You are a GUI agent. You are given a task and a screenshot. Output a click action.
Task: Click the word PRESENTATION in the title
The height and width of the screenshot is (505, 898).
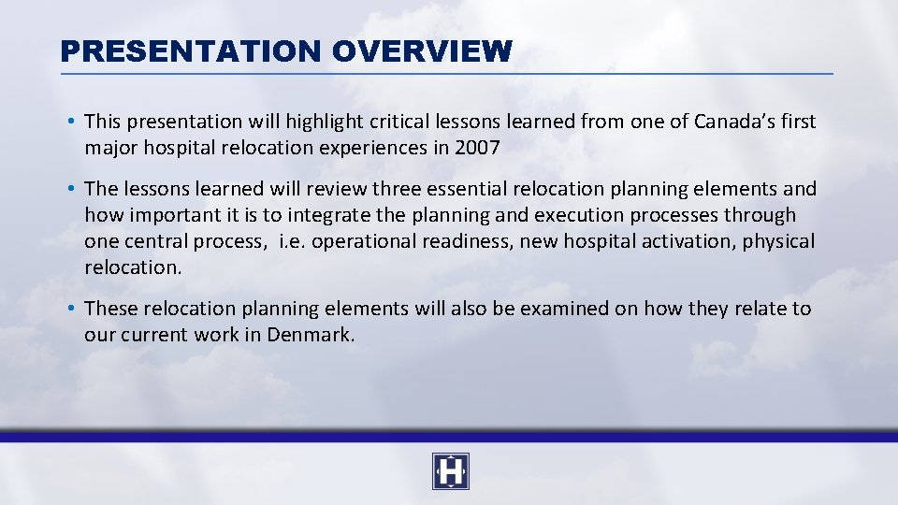click(x=192, y=50)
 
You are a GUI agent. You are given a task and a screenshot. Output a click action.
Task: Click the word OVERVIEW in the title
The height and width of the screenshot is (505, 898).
click(x=422, y=50)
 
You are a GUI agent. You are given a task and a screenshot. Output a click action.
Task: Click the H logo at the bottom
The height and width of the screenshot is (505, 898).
click(x=450, y=471)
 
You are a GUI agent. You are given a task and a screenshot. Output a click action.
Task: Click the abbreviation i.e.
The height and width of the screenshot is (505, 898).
click(x=293, y=241)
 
